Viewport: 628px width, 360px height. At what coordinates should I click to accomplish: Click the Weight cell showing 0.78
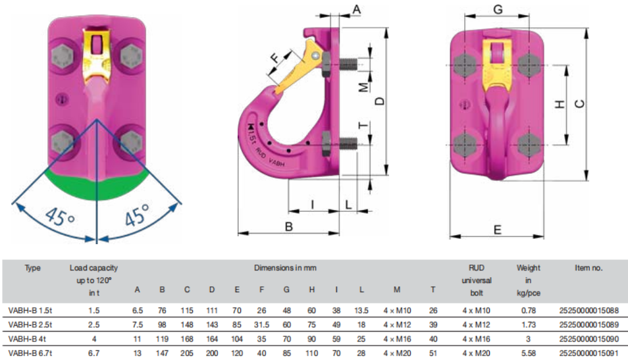[529, 311]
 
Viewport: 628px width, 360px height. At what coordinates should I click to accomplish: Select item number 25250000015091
[589, 353]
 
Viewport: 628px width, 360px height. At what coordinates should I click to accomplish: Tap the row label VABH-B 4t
[27, 339]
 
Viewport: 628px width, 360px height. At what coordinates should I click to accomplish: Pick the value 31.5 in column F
[261, 324]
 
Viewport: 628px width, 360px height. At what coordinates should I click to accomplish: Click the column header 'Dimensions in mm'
[285, 268]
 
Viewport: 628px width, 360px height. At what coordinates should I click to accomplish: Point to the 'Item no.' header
[589, 268]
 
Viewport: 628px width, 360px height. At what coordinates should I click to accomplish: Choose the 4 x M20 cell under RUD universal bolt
[476, 353]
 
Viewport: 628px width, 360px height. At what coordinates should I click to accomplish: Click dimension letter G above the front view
[498, 9]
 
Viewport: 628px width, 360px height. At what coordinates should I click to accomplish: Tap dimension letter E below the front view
[498, 230]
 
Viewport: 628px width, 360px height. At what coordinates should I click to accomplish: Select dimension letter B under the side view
[289, 226]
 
